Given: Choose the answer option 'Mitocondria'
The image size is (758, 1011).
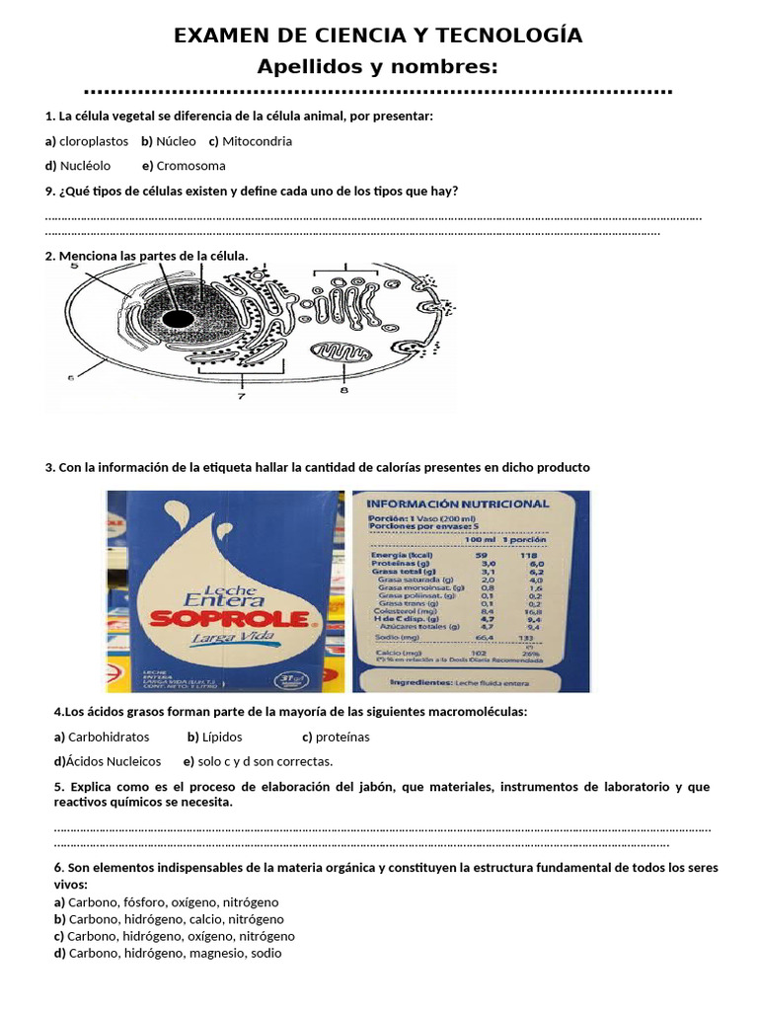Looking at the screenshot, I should pos(257,141).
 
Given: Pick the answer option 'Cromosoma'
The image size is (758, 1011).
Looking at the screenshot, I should pos(190,166).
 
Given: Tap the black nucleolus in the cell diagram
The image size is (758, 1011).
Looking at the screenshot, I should pos(178,318).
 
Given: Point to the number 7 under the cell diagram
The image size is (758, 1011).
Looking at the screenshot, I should pos(240,395).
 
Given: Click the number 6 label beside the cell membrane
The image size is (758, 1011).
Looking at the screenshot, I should pos(71,376).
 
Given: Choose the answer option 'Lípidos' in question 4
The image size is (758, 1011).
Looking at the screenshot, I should pos(222,737).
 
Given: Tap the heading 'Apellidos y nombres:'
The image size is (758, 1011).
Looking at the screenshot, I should pos(377,66).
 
